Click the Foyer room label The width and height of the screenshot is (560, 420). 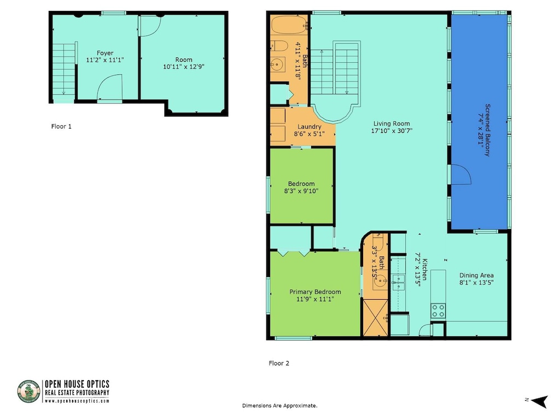pos(105,53)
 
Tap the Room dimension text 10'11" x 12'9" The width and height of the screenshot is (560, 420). pos(183,67)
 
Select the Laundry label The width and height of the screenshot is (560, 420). pos(309,126)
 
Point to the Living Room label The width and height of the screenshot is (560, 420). pos(392,124)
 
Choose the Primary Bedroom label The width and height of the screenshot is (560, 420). pos(315,291)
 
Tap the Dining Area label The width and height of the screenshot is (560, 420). pos(476,276)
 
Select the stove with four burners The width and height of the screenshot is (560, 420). pos(438,311)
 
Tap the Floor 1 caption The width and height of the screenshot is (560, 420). pos(61,126)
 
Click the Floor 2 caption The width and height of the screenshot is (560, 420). pos(279,363)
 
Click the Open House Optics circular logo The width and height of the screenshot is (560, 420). pos(29,392)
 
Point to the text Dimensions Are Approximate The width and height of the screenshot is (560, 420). pos(279,406)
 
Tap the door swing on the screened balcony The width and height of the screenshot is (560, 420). pos(459,176)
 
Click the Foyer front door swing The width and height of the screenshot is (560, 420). pos(110,88)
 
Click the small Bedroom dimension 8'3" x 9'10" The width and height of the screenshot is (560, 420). pos(301,191)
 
